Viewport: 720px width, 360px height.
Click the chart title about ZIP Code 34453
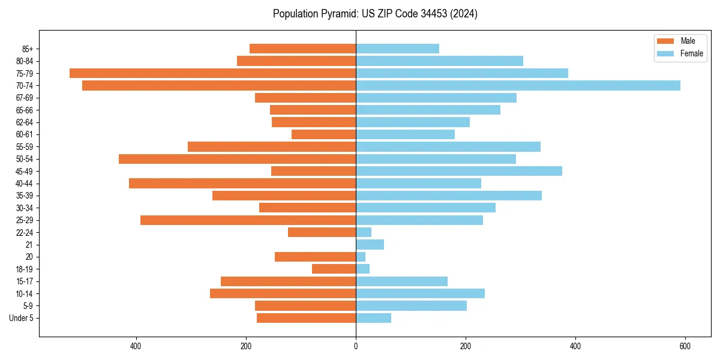point(375,14)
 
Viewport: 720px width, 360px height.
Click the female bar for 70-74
point(518,85)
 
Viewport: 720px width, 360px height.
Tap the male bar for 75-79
point(212,73)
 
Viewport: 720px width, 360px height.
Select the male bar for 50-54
point(237,159)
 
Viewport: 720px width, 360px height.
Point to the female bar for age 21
point(370,244)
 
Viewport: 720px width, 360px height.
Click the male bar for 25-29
point(248,220)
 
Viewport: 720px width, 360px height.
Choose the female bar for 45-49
point(459,171)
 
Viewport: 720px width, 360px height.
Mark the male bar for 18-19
point(334,269)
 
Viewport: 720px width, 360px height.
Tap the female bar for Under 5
point(373,318)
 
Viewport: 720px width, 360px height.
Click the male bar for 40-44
point(242,183)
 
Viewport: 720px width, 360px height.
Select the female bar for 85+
point(397,49)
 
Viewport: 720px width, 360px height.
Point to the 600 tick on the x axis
point(685,346)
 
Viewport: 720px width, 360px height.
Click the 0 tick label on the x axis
point(356,346)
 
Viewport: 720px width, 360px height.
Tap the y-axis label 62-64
point(24,122)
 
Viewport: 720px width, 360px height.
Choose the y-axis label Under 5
point(21,318)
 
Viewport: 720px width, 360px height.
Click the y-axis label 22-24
point(24,232)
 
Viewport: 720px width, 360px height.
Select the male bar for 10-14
point(283,293)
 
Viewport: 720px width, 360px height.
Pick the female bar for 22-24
point(364,232)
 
